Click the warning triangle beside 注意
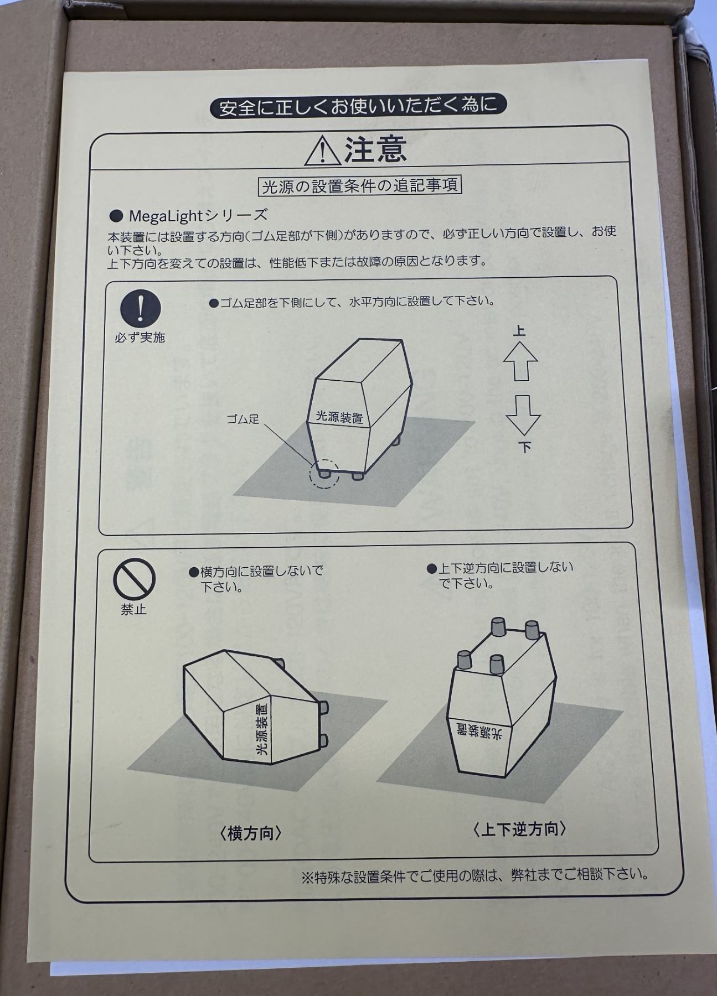[323, 151]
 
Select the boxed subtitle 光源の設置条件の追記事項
[361, 186]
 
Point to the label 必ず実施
[140, 337]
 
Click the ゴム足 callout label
[243, 419]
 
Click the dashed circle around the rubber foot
[324, 474]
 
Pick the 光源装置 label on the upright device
[339, 417]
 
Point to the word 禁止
[134, 610]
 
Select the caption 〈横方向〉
[251, 833]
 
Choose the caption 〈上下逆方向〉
[520, 829]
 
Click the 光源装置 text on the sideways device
[261, 730]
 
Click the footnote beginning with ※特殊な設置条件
[476, 875]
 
